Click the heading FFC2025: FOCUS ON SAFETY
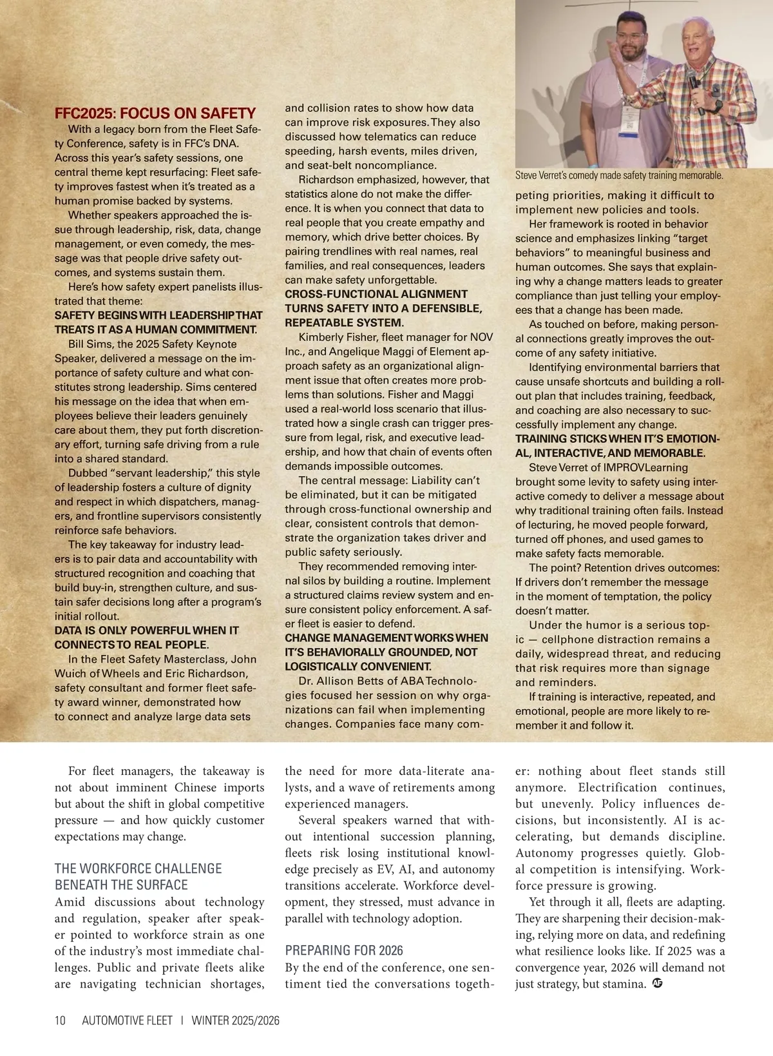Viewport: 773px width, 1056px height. click(155, 113)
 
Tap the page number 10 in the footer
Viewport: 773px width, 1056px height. click(60, 1021)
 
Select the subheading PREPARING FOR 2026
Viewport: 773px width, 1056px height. click(344, 950)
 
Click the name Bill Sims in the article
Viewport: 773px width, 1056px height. click(91, 344)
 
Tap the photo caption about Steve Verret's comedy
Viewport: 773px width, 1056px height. click(619, 175)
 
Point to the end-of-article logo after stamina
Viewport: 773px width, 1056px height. click(657, 984)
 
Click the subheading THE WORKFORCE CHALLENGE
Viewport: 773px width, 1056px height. click(138, 868)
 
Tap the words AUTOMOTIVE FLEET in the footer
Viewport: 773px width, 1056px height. click(128, 1021)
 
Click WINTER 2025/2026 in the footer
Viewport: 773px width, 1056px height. click(236, 1021)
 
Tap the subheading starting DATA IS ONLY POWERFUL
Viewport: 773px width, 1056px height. click(146, 631)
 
